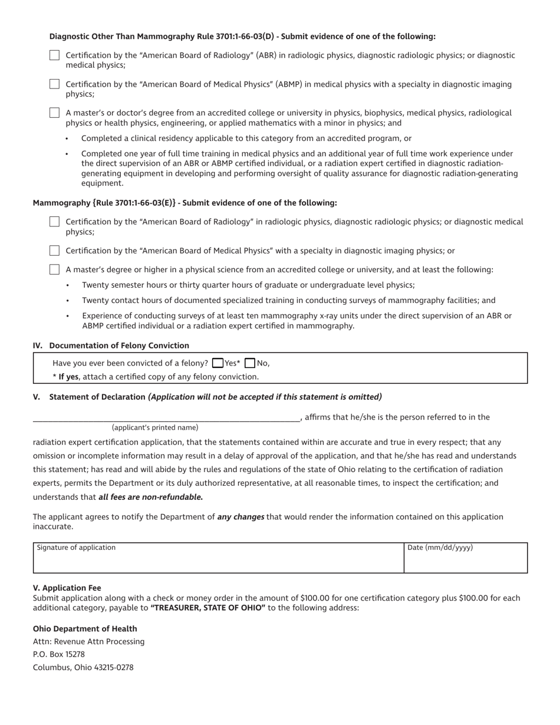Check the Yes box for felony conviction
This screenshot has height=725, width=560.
coord(218,363)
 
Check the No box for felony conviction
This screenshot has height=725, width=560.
coord(250,363)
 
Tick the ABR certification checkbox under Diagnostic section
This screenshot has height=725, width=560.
coord(54,55)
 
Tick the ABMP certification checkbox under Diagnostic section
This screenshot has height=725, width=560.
coord(54,84)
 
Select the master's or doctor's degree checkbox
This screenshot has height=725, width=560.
coord(54,113)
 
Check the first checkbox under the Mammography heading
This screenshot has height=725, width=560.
coord(54,222)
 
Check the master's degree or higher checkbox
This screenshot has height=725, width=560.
coord(54,269)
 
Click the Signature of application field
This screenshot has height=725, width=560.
coord(218,560)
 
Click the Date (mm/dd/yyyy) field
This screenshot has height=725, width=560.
coord(465,560)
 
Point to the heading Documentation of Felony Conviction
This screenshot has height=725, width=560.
coord(119,345)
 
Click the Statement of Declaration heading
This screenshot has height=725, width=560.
coord(97,397)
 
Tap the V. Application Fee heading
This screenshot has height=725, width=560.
coord(67,588)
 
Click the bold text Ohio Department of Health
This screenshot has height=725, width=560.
coord(85,628)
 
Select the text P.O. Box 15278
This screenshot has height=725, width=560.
coord(59,654)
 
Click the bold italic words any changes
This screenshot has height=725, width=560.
coord(241,517)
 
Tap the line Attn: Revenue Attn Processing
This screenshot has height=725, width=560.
coord(88,641)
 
